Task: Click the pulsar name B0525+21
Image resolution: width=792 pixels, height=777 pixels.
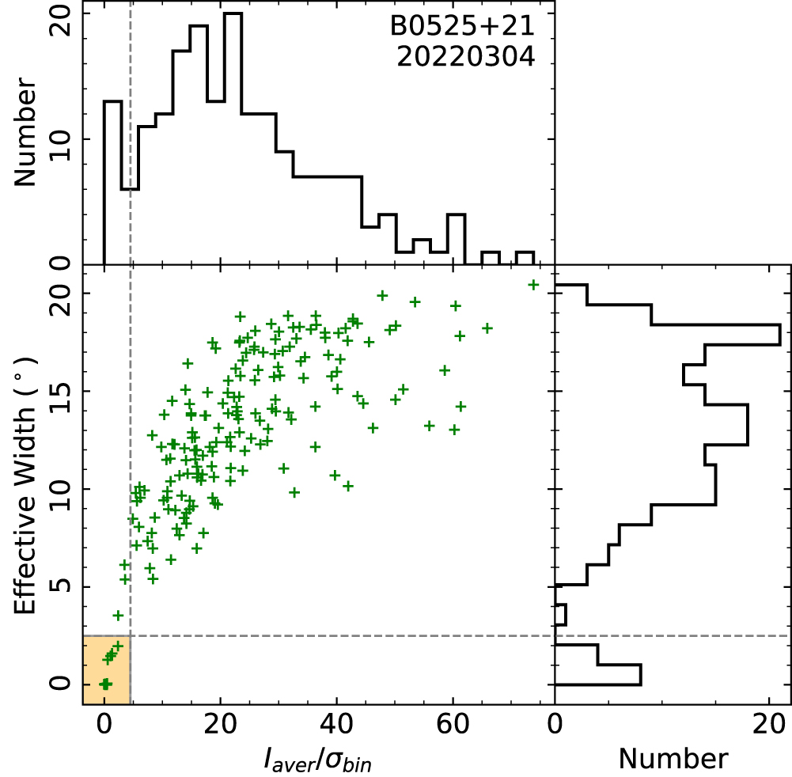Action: coord(463,28)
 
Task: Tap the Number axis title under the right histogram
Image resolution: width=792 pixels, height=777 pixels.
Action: coord(673,758)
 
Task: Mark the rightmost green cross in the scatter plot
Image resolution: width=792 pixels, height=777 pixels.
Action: coord(533,285)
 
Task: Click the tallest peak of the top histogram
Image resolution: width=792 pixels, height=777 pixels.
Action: coord(233,13)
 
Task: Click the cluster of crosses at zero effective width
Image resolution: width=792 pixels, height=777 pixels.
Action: coord(105,684)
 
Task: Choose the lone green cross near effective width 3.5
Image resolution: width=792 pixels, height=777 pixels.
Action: coord(118,615)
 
